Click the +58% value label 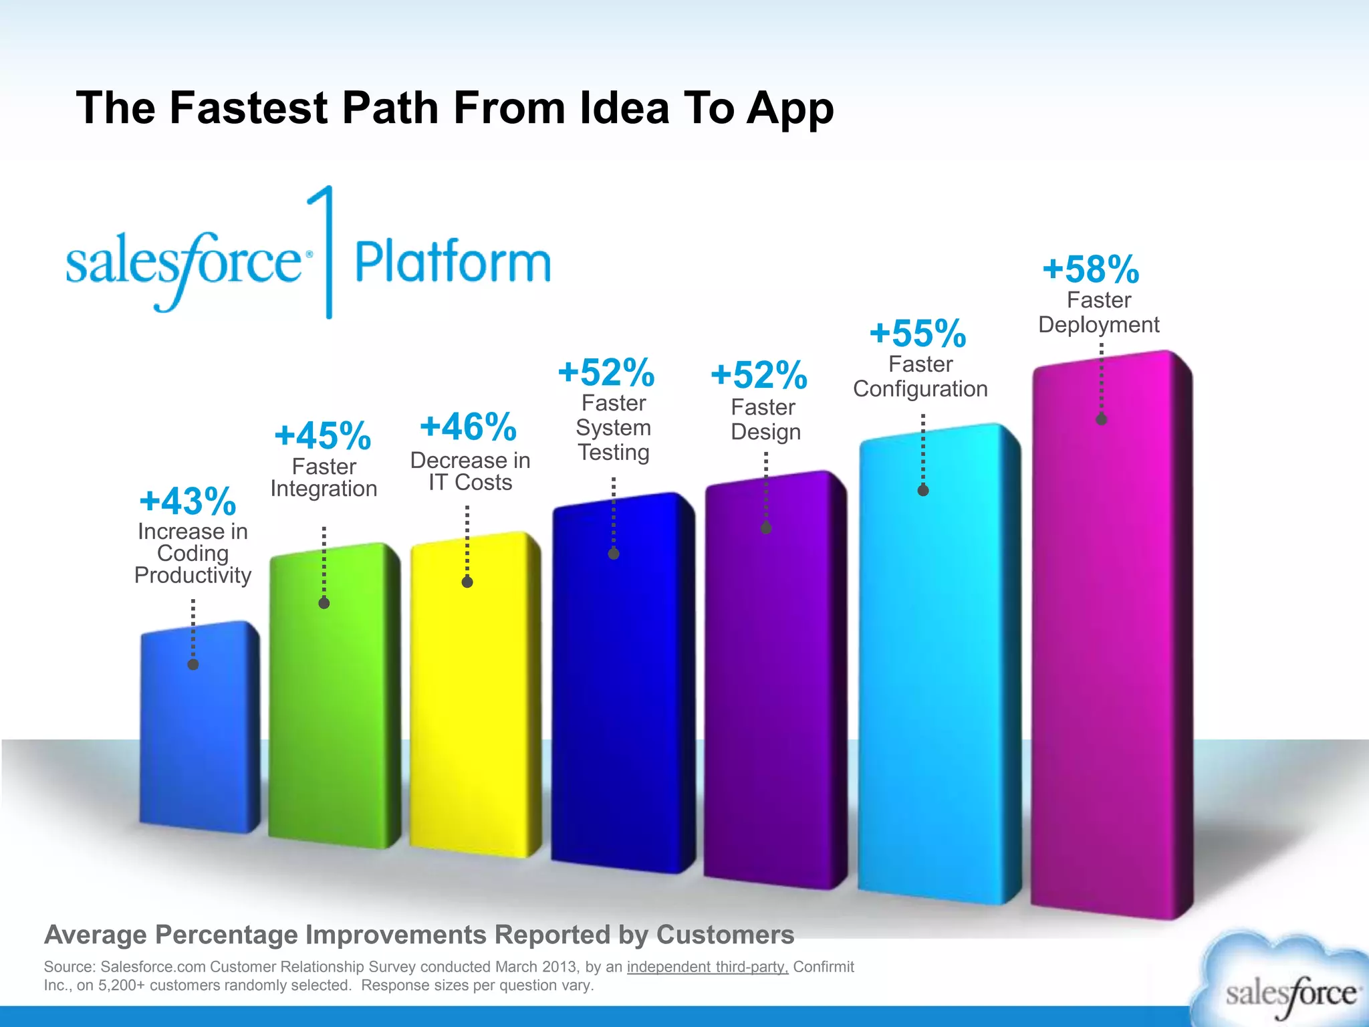[1091, 269]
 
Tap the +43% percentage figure [188, 501]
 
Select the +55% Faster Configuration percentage [918, 333]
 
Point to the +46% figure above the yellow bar [469, 427]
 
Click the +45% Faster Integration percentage [323, 436]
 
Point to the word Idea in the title [624, 108]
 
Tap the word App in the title [790, 109]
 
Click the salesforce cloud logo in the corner [1287, 983]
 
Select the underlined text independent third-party [707, 967]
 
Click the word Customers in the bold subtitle [725, 935]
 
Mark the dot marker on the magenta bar [1102, 420]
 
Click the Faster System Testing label [614, 428]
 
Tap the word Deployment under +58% [1098, 325]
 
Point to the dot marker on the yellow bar [467, 582]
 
